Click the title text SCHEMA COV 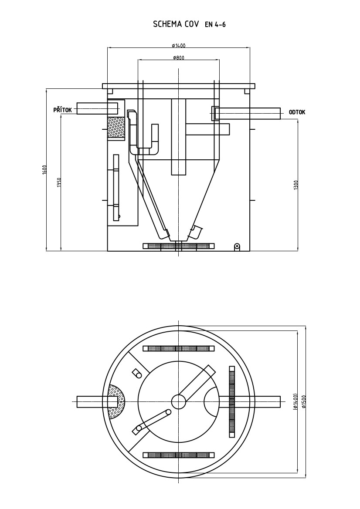(x=176, y=24)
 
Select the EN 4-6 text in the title (x=215, y=24)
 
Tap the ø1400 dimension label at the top (x=179, y=45)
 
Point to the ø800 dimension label (x=179, y=58)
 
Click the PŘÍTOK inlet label (x=62, y=110)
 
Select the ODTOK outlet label (x=297, y=112)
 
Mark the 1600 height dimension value (x=44, y=170)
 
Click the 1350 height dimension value (x=59, y=182)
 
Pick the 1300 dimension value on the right (x=295, y=185)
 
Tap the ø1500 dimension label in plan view (x=304, y=401)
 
